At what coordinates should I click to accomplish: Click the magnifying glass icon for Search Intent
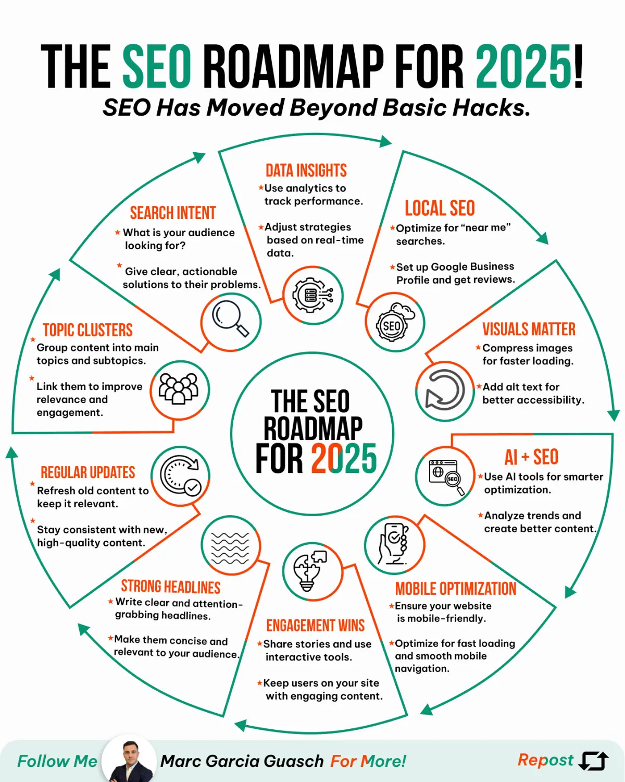pos(231,319)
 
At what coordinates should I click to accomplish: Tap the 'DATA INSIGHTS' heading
pos(306,170)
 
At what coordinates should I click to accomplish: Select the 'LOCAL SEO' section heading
pos(440,209)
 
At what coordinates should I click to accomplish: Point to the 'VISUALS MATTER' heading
pos(529,329)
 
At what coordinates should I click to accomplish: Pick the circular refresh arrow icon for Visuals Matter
pos(445,390)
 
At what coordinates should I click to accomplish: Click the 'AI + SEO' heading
pos(531,457)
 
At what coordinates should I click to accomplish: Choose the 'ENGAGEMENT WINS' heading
pos(316,625)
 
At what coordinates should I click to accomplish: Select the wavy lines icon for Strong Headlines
pos(230,546)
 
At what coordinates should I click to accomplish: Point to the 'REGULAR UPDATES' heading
pos(87,472)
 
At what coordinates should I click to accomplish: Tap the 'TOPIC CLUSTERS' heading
pos(87,330)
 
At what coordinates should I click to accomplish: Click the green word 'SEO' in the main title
pos(157,67)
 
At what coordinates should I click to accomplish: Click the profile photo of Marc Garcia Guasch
pos(129,762)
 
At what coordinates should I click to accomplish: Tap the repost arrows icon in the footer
pos(594,761)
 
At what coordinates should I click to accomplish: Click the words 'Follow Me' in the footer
pos(57,761)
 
